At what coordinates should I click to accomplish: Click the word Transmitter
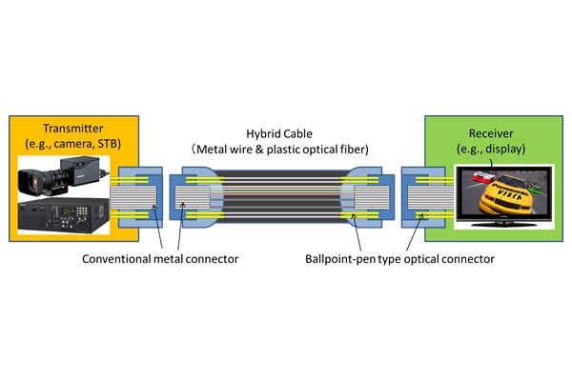(x=69, y=127)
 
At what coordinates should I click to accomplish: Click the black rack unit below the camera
(x=67, y=212)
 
